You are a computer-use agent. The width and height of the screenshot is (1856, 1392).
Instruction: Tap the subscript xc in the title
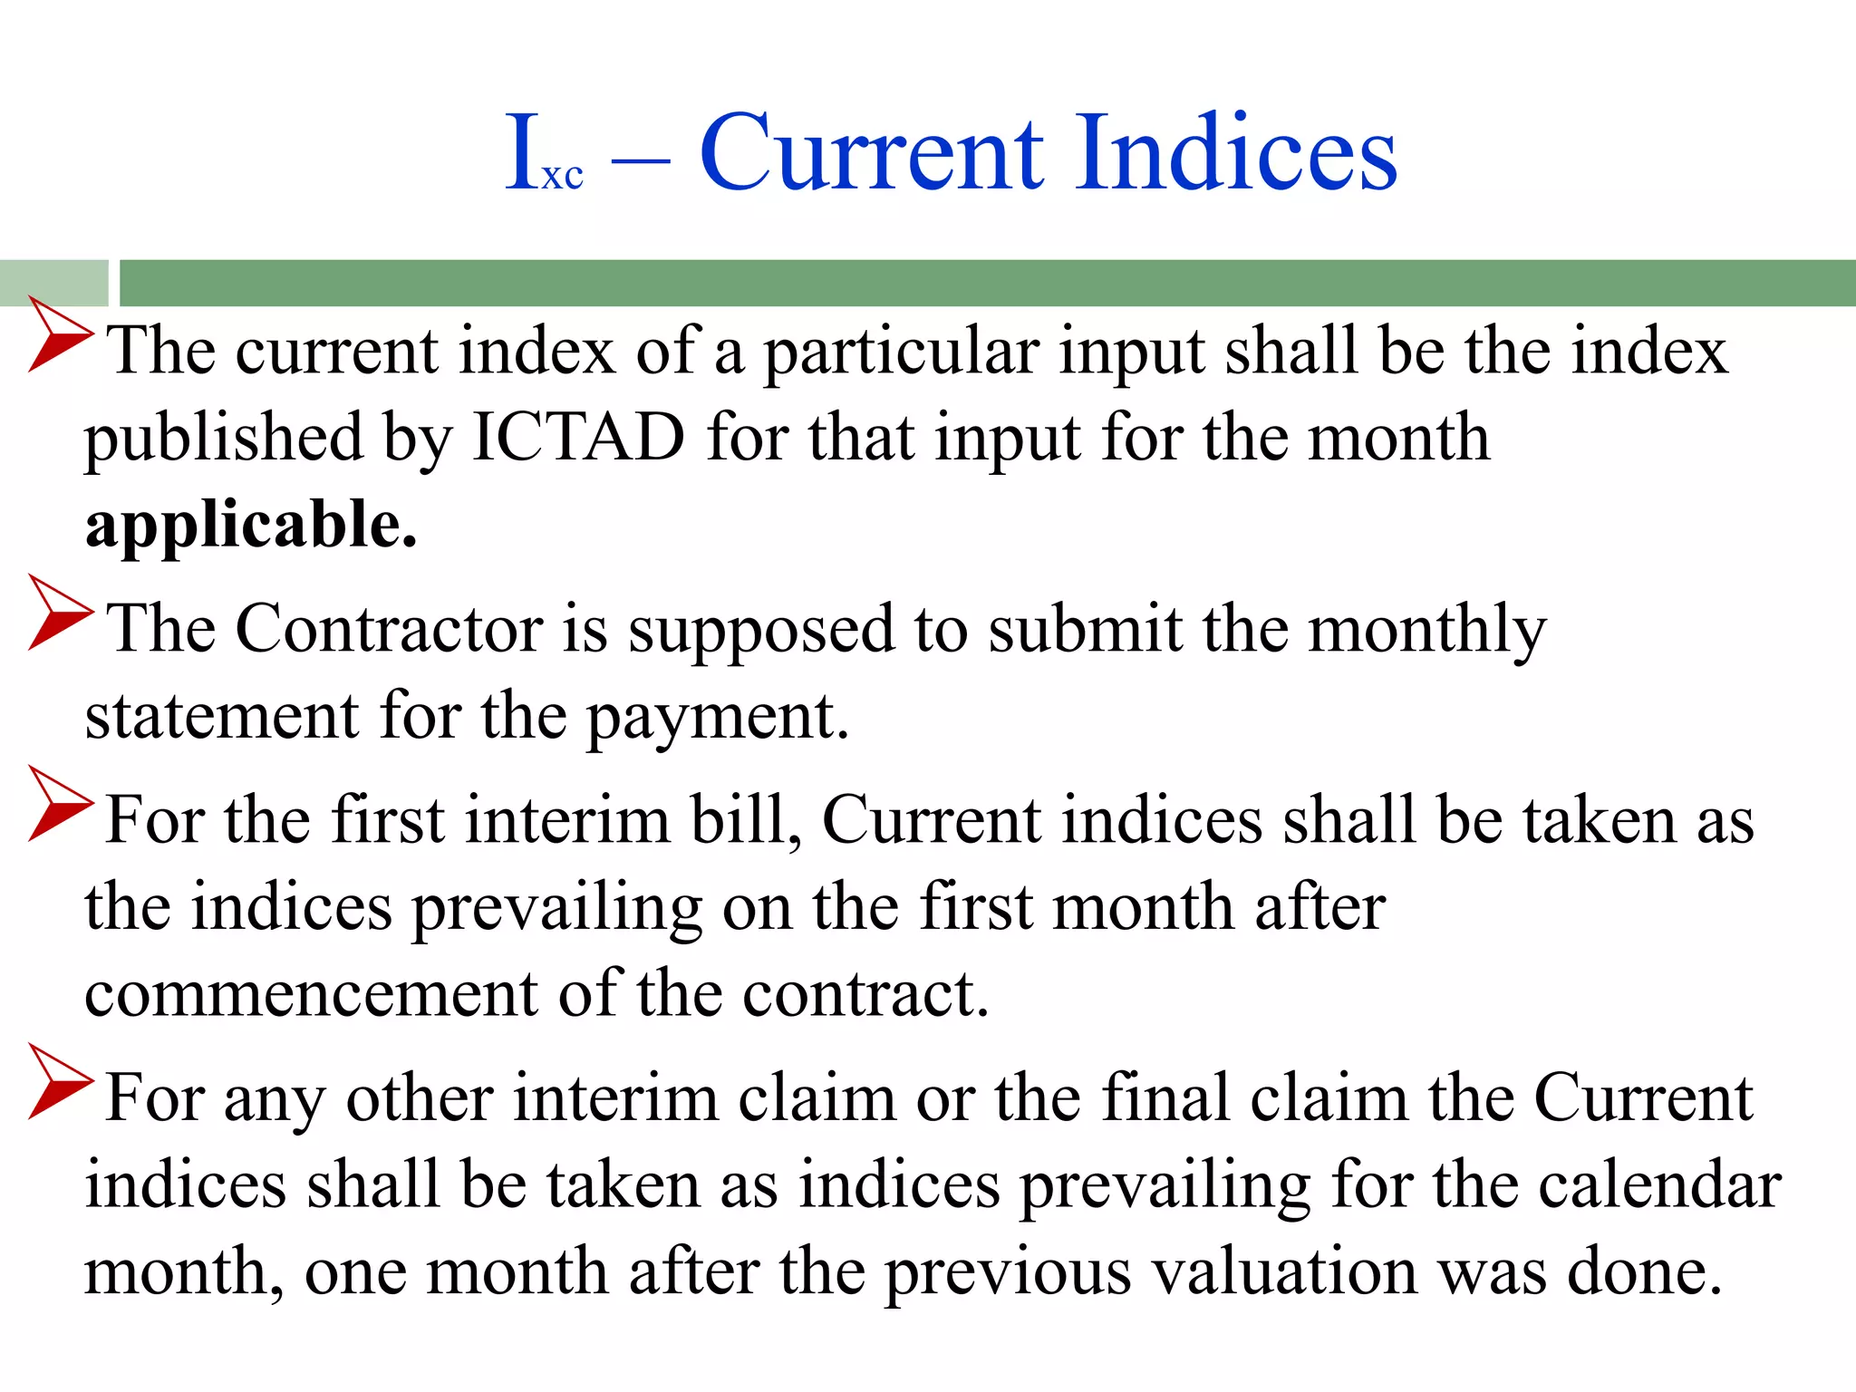pyautogui.click(x=563, y=175)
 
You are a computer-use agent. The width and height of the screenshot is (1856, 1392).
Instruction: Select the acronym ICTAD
pyautogui.click(x=578, y=438)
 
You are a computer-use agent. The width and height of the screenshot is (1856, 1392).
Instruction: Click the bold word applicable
pyautogui.click(x=251, y=526)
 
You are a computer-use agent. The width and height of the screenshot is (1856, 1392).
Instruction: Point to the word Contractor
pyautogui.click(x=390, y=628)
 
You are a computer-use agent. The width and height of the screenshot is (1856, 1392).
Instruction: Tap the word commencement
pyautogui.click(x=311, y=994)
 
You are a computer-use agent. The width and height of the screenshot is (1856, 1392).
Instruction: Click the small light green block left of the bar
pyautogui.click(x=53, y=283)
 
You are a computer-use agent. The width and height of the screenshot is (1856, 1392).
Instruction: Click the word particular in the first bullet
pyautogui.click(x=901, y=352)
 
